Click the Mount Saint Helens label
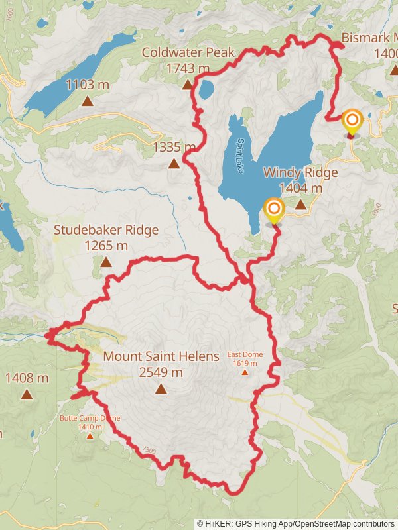(x=161, y=356)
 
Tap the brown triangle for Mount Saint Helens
(x=161, y=388)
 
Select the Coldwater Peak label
(x=176, y=52)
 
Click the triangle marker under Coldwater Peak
(x=187, y=84)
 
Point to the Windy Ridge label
(x=300, y=173)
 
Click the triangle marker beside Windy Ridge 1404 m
(x=300, y=205)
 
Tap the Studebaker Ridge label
(x=106, y=231)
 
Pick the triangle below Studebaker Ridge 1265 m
(x=106, y=262)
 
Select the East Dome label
(x=245, y=355)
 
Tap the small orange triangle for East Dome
(x=245, y=372)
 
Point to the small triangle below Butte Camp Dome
(x=89, y=436)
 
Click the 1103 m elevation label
(x=88, y=84)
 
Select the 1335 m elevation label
(x=174, y=147)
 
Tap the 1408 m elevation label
(x=27, y=378)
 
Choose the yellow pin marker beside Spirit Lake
(x=273, y=211)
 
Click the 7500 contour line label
(x=149, y=450)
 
